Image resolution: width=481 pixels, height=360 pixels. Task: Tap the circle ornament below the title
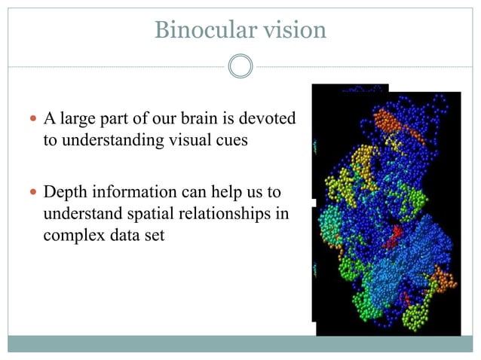[240, 66]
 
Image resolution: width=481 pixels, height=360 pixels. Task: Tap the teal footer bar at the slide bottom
[240, 345]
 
